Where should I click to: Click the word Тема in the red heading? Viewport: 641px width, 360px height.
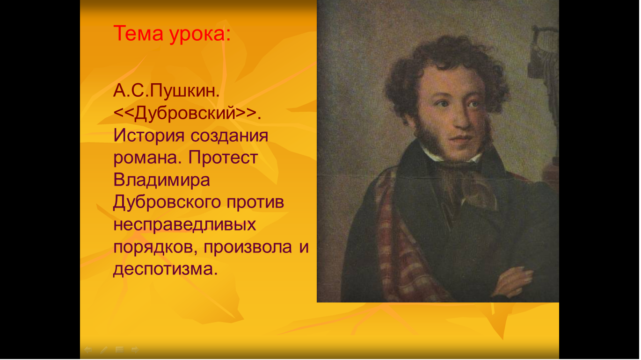coord(138,34)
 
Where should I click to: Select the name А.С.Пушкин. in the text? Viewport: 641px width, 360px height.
coord(167,91)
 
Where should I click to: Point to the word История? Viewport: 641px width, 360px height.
coord(149,136)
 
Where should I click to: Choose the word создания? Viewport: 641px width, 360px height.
coord(230,137)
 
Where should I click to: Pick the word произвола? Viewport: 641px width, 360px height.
coord(248,247)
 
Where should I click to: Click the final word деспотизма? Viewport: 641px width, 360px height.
coord(166,270)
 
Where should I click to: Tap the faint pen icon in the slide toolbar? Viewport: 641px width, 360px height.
coord(104,350)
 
